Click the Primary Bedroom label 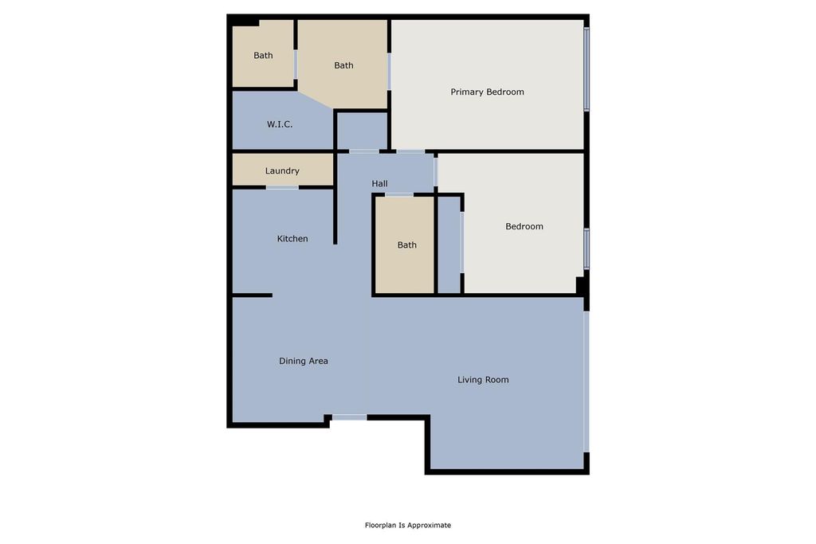[487, 92]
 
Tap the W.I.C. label [279, 124]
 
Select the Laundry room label [282, 170]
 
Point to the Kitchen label [292, 239]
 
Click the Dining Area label [303, 361]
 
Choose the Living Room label [483, 380]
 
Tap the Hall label [379, 184]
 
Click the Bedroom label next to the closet [524, 226]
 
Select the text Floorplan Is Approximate [408, 525]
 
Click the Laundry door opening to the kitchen [282, 187]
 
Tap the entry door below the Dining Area [349, 417]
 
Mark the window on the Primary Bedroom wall [586, 69]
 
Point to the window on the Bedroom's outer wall [586, 249]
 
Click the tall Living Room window [586, 382]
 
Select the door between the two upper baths [296, 65]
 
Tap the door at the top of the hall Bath [398, 194]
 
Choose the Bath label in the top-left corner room [263, 56]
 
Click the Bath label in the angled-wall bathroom [343, 65]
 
